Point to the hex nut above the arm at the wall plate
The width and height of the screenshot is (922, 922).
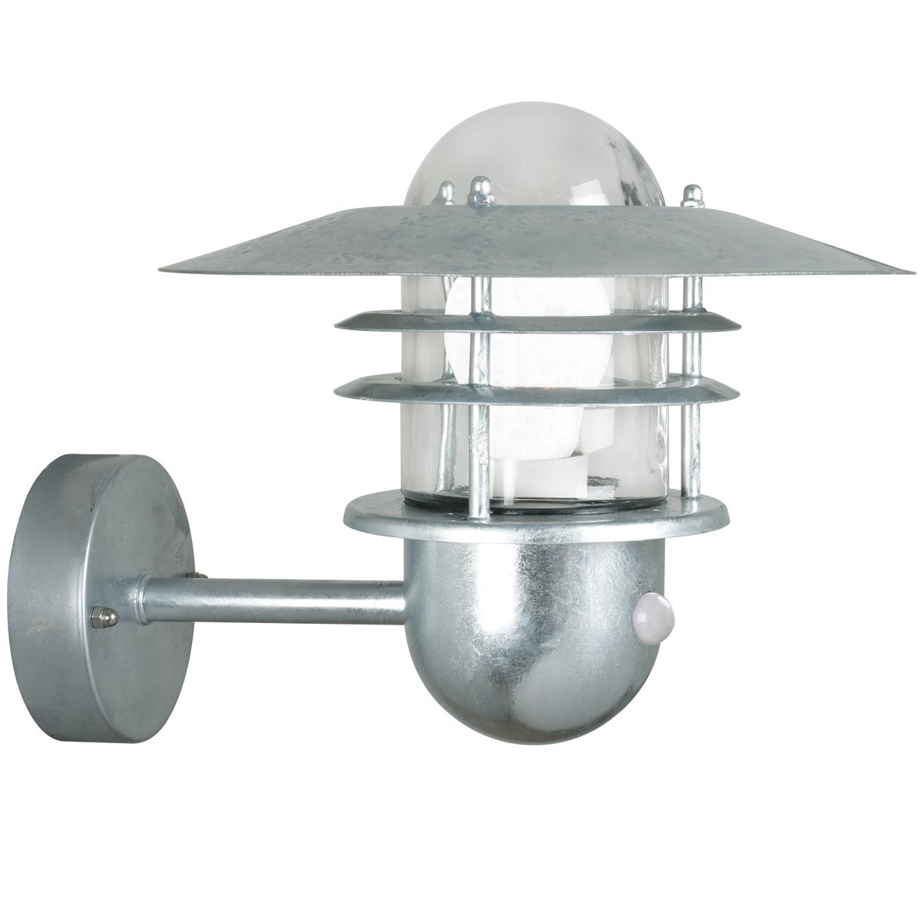190,576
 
